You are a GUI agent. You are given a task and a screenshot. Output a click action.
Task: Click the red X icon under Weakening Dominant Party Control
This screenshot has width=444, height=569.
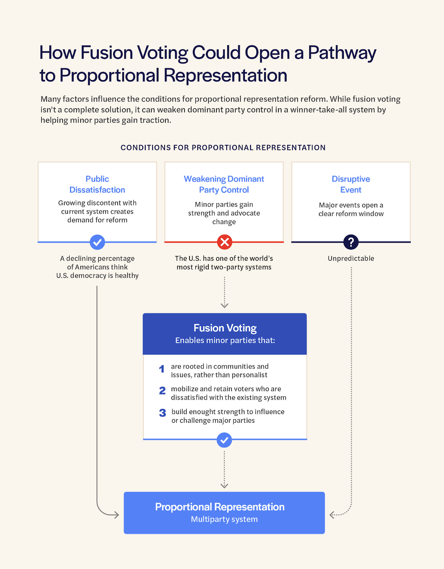[225, 242]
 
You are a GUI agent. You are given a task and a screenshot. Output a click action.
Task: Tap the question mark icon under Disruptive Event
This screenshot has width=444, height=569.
[351, 242]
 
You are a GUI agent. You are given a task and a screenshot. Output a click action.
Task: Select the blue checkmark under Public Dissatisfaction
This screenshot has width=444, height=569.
[97, 242]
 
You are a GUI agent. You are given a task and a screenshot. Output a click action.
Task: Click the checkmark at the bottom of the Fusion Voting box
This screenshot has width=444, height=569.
[224, 440]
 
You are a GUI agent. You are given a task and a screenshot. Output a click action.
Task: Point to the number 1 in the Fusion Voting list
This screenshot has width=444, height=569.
[162, 369]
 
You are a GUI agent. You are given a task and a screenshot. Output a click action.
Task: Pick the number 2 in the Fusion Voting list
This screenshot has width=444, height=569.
[162, 391]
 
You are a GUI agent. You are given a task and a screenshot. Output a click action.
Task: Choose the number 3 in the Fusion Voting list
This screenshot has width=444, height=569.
[162, 413]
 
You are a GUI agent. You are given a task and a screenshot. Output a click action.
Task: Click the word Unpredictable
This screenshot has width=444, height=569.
[351, 259]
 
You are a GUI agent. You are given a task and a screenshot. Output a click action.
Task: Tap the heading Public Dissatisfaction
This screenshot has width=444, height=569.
[97, 184]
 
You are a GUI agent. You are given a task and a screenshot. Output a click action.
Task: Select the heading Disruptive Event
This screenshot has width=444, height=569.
[351, 184]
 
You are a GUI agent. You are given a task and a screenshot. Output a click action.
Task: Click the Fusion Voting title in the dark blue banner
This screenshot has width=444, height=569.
[225, 328]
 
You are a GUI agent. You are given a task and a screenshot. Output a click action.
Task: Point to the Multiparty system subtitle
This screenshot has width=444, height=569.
[224, 519]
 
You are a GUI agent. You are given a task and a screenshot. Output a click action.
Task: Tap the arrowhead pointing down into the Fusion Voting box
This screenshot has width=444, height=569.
[224, 305]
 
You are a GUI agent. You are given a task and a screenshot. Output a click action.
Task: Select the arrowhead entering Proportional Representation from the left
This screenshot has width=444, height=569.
[116, 515]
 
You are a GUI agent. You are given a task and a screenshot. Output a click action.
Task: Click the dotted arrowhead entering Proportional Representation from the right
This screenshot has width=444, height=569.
[332, 515]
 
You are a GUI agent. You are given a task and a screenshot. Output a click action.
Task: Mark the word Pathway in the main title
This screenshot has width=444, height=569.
[342, 53]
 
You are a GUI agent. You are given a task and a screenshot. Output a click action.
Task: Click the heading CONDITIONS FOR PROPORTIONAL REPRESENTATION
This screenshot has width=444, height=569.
[223, 148]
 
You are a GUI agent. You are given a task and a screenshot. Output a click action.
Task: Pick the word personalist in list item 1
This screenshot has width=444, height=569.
[250, 375]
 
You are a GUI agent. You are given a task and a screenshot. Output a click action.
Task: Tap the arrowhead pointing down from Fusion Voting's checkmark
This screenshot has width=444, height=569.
[224, 486]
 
